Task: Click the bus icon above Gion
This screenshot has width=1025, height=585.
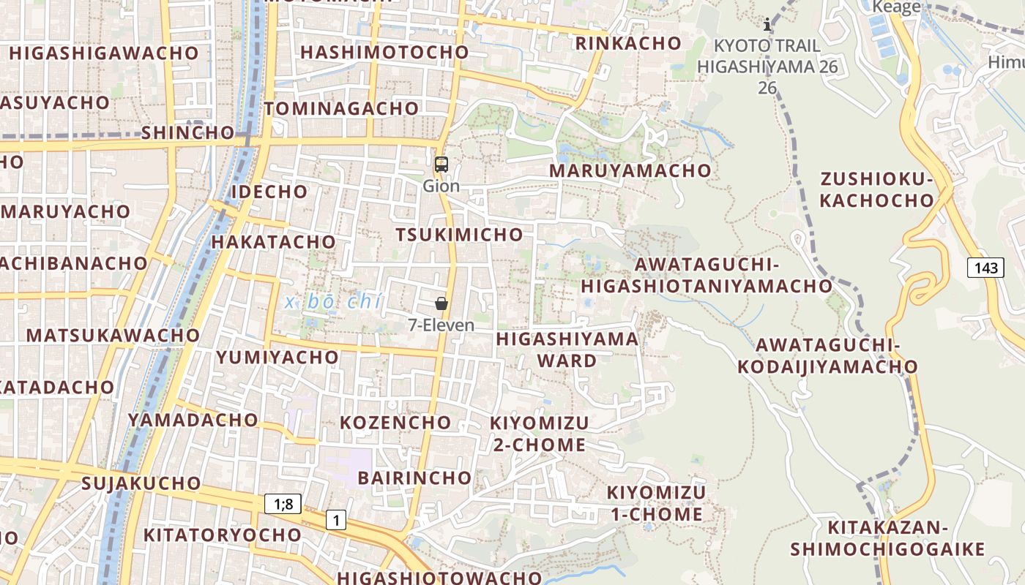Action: [441, 165]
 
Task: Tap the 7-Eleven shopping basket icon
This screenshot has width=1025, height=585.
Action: [441, 303]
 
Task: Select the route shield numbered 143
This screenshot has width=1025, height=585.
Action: [985, 268]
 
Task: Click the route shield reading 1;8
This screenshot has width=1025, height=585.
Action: [283, 504]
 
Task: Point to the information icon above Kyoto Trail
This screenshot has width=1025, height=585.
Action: [767, 25]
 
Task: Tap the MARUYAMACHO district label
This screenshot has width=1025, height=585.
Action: [630, 170]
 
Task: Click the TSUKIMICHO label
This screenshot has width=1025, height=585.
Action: [459, 235]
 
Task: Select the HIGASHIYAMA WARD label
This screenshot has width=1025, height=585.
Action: [567, 350]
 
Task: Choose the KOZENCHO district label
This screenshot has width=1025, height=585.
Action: [395, 423]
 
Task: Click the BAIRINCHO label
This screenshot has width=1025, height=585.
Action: [414, 478]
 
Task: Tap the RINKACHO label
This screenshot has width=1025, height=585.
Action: [628, 43]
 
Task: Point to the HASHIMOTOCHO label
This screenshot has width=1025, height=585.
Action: [384, 53]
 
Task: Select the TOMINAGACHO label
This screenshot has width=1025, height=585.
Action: [341, 109]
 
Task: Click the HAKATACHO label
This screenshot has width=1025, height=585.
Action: [273, 242]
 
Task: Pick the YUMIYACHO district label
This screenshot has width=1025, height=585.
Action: [277, 358]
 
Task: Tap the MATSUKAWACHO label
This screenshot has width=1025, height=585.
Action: [113, 336]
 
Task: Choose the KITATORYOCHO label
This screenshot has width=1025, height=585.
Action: [222, 535]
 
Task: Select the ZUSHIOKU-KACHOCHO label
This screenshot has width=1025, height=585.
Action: [876, 190]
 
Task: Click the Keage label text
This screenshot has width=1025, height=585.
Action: [896, 7]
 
